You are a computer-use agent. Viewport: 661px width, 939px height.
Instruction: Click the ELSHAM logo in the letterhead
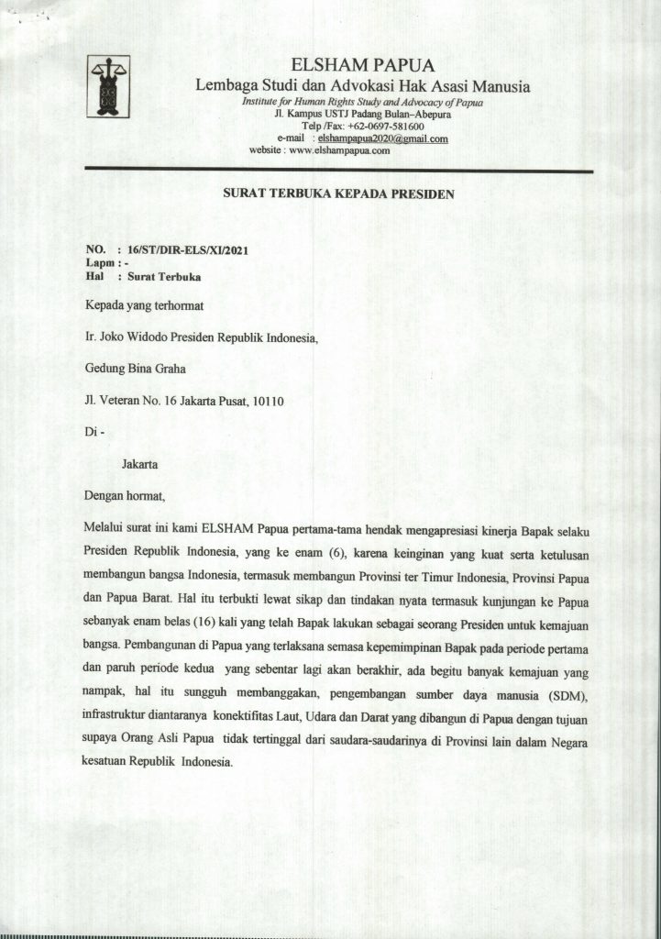coord(107,86)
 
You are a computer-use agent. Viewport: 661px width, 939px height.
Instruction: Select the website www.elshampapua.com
coord(340,150)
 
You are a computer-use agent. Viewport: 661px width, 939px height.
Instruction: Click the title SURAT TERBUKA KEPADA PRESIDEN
coord(339,193)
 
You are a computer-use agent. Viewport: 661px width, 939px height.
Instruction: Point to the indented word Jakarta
coord(139,465)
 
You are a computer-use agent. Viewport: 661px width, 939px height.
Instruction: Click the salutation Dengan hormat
coord(124,496)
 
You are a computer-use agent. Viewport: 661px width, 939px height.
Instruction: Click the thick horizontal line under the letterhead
coord(339,171)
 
